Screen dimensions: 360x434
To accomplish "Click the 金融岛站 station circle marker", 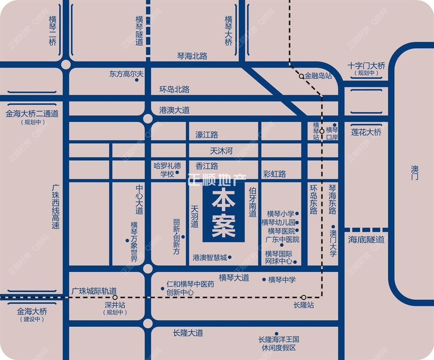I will coord(301,76).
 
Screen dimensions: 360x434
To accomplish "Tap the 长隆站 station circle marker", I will coord(304,297).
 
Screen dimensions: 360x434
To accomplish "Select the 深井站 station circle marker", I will coord(115,297).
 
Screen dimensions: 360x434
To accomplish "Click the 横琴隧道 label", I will coord(139,30).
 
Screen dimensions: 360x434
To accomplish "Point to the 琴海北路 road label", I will coord(192,56).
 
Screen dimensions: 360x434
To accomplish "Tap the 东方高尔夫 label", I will coord(126,74).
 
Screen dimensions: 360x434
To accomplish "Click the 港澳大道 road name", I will coord(174,110).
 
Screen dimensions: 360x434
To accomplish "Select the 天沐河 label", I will coord(221,150).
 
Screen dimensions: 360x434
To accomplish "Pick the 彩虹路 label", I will coord(275,174).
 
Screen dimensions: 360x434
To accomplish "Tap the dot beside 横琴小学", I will coord(297,214).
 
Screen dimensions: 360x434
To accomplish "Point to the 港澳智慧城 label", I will coord(210,257).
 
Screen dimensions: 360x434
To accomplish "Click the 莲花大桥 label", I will coord(366,132).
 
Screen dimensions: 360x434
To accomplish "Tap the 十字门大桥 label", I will coord(366,66).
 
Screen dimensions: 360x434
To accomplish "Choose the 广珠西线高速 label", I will coord(55,206).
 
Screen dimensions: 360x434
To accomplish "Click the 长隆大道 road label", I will coord(188,333).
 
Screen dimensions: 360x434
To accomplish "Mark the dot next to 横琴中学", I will coord(264,279).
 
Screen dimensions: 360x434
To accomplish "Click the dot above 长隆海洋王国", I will coord(276,334).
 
